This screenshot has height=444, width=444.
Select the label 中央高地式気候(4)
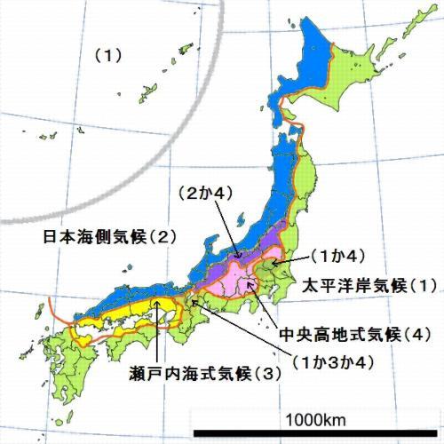pyautogui.click(x=354, y=336)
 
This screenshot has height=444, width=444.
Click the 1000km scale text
pyautogui.click(x=315, y=418)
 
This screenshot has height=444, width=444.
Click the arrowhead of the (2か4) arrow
pyautogui.click(x=237, y=258)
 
